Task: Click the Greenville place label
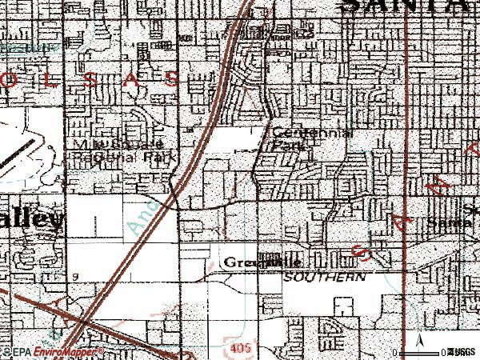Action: coord(262,262)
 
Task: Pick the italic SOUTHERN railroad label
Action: coord(325,275)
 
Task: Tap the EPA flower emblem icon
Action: coord(6,351)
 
